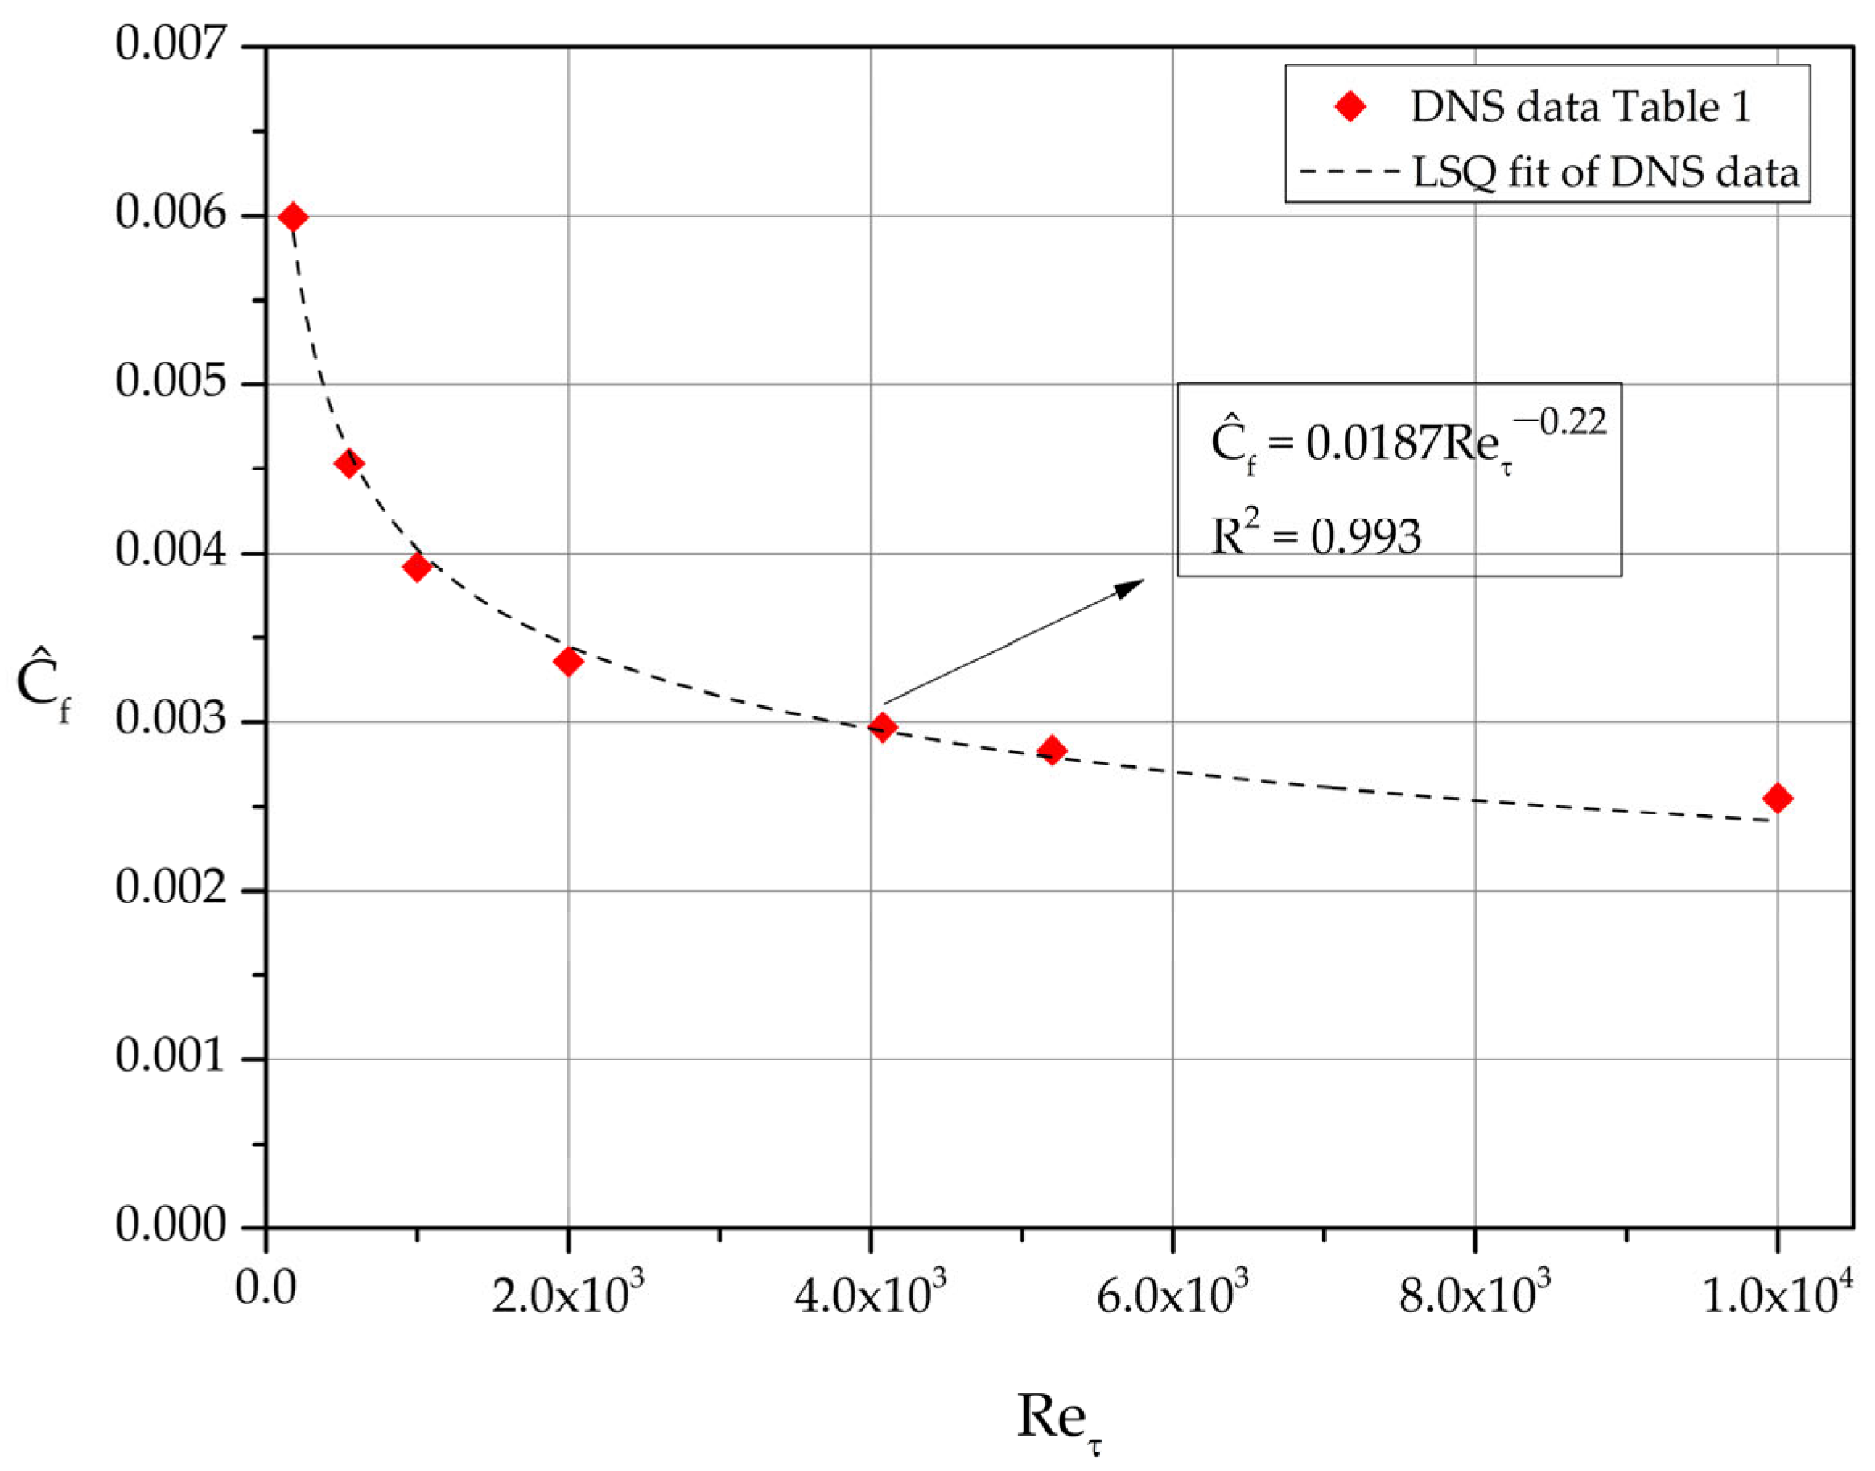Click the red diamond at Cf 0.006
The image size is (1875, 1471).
click(293, 217)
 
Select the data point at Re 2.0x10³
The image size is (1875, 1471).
click(567, 662)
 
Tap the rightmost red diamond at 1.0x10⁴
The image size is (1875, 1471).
click(1777, 799)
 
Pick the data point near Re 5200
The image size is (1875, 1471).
click(1051, 750)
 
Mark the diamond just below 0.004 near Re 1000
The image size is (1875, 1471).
click(417, 567)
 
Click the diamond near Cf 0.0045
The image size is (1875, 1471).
click(348, 463)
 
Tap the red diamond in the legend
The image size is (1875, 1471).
click(1350, 107)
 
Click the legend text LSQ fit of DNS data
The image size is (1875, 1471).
click(1605, 172)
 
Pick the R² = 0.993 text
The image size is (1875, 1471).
click(1315, 535)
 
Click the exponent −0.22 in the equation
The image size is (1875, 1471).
click(1559, 422)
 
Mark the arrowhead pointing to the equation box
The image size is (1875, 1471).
click(1131, 586)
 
